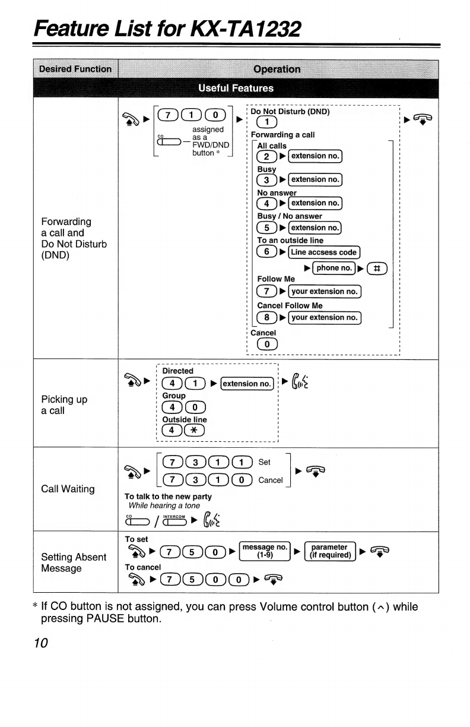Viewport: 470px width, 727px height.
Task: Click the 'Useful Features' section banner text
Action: (236, 88)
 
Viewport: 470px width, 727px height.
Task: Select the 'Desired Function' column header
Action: (75, 69)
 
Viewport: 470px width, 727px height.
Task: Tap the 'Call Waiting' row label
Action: (68, 489)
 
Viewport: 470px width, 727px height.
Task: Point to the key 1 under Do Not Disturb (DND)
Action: (266, 122)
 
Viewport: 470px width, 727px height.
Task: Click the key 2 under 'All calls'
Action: (266, 156)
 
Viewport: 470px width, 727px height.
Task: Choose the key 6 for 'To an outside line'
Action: (266, 251)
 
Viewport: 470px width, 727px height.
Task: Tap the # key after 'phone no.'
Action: (377, 268)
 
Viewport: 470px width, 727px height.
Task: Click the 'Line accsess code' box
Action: (323, 252)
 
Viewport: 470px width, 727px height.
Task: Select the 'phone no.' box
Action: (334, 268)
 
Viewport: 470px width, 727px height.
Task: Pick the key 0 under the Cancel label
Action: (267, 344)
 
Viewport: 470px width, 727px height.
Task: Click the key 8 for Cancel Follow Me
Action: (266, 317)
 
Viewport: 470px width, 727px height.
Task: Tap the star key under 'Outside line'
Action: (194, 431)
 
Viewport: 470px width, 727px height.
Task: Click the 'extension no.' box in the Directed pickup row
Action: (247, 384)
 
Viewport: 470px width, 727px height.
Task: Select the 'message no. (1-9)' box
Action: (265, 551)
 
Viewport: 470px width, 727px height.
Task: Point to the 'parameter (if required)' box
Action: (330, 551)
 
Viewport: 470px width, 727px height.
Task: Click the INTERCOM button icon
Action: (174, 520)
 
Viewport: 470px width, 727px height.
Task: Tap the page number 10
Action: (41, 643)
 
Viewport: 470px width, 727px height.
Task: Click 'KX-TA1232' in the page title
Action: (246, 29)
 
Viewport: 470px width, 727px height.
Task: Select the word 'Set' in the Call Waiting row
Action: (264, 462)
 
